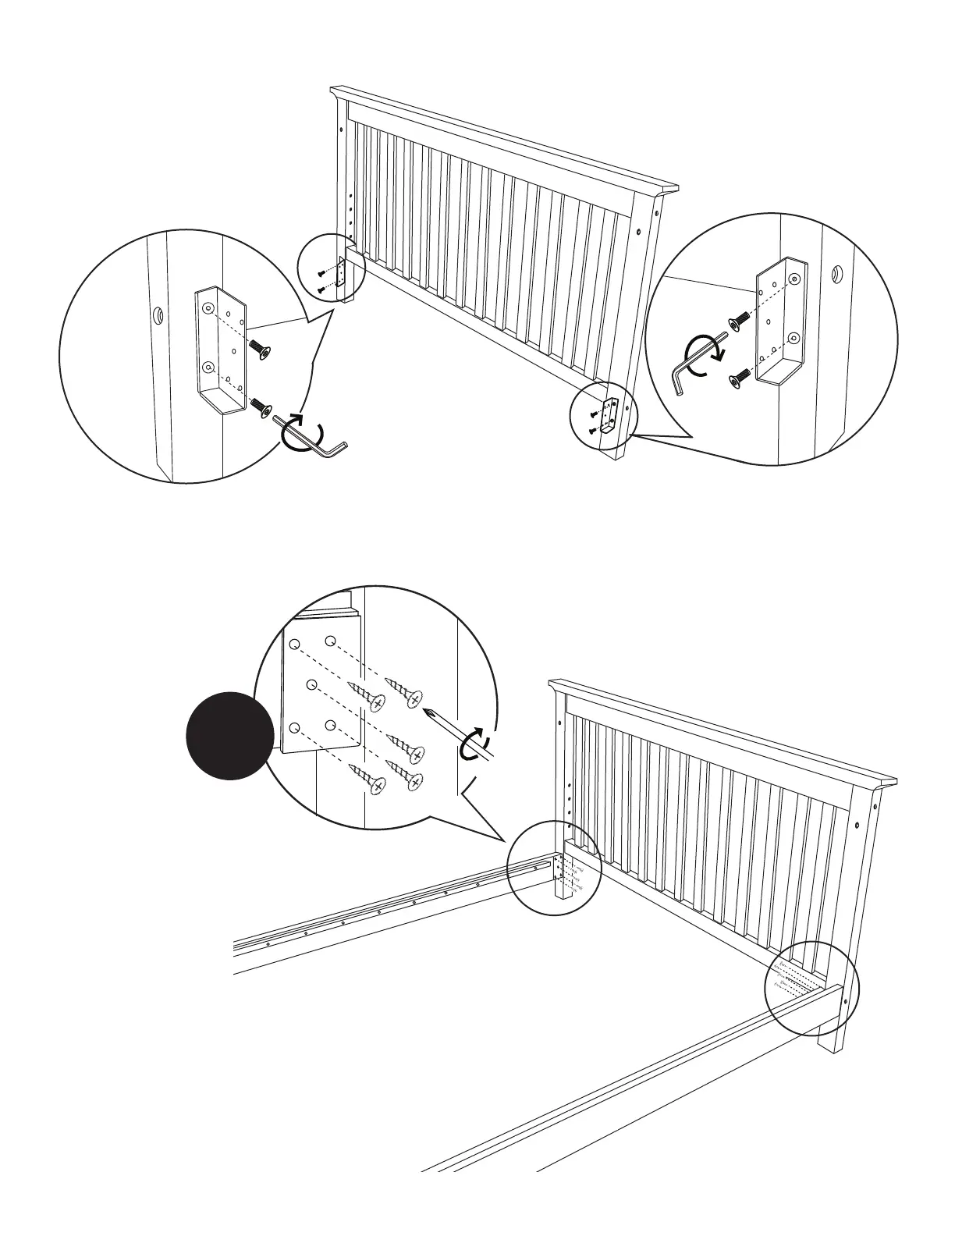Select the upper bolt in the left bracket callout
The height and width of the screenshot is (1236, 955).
click(259, 350)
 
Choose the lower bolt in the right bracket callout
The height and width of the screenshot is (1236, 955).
click(737, 379)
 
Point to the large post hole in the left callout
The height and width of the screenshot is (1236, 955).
click(157, 316)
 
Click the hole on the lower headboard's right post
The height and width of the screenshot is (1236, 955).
click(857, 825)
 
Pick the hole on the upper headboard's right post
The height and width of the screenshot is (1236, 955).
click(639, 232)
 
